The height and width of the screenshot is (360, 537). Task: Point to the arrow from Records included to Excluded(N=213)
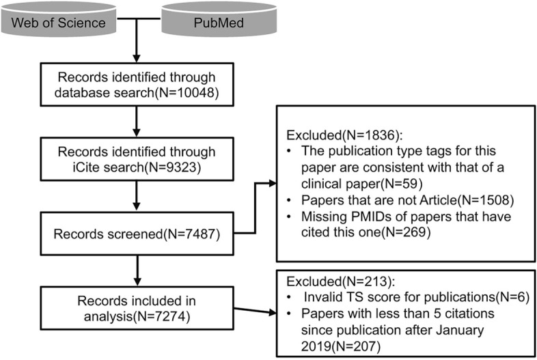[x=253, y=311]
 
